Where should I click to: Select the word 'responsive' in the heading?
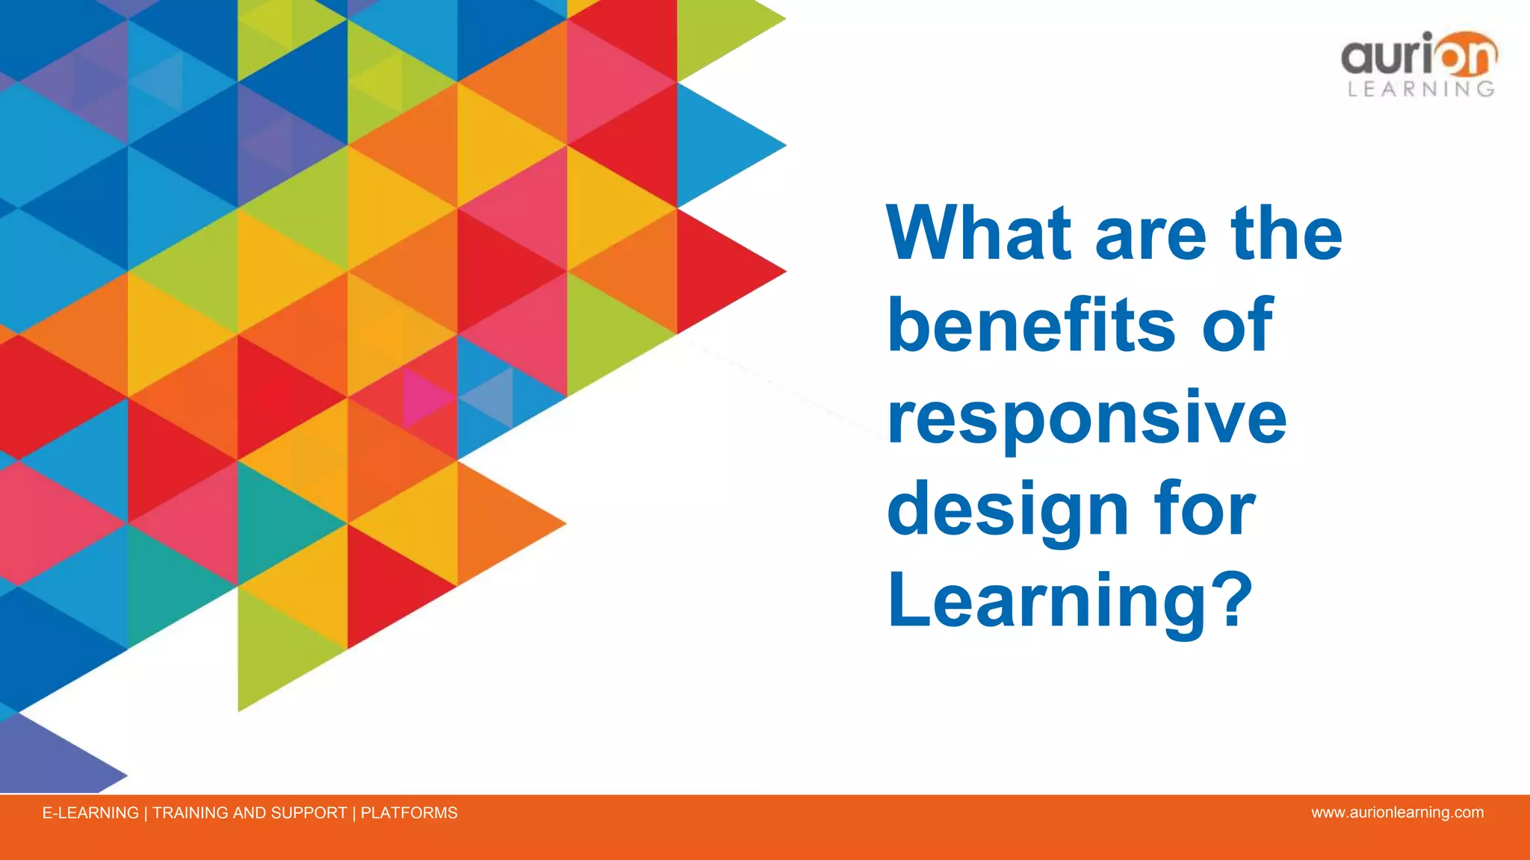1087,418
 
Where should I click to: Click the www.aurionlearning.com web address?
1397,812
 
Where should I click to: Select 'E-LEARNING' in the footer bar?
90,813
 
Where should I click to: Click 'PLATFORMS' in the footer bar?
409,813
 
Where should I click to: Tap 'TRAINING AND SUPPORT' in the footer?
250,813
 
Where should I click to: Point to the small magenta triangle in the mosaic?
422,396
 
